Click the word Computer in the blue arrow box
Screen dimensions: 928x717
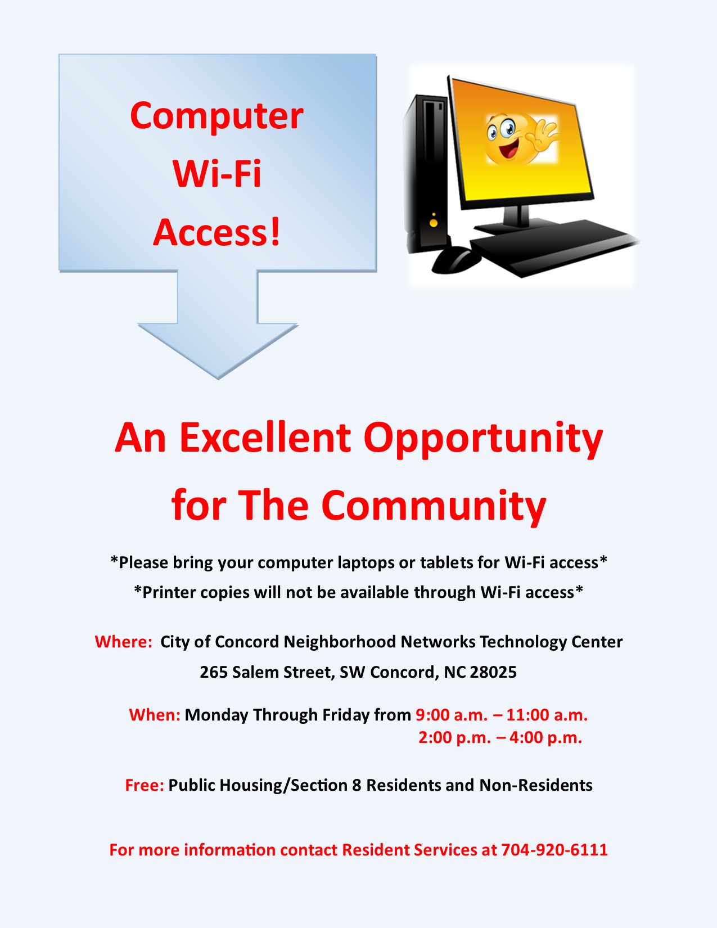coord(217,116)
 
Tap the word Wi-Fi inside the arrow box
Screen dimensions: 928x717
coord(217,174)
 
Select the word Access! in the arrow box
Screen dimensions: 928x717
coord(217,232)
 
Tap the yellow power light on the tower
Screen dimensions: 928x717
coord(434,222)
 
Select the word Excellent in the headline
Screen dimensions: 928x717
coord(265,438)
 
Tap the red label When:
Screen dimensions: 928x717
coord(155,715)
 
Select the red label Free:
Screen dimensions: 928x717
coord(145,785)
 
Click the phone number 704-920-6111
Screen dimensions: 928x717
coord(554,849)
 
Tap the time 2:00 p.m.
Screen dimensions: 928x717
coord(454,737)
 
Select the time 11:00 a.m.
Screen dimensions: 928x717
coord(547,715)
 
